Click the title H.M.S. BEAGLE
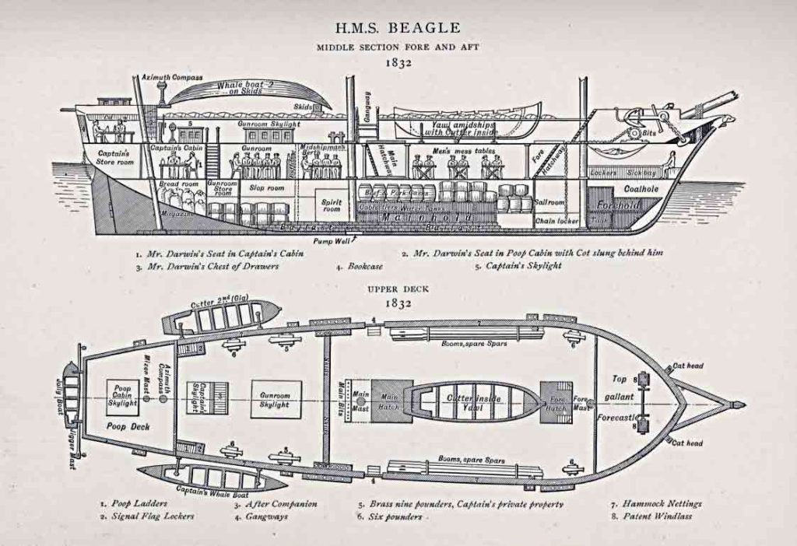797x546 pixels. coord(398,28)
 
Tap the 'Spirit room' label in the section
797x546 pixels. coord(332,205)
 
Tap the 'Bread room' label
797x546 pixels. coord(179,184)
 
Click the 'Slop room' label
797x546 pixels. coord(266,188)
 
